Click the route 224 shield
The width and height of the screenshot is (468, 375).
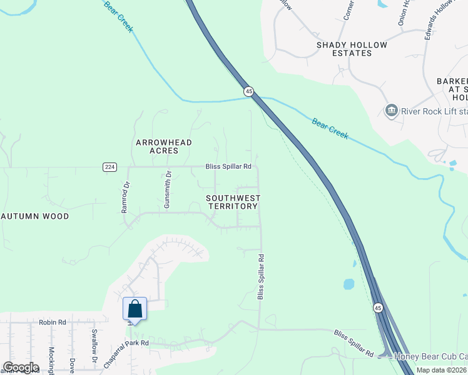point(109,167)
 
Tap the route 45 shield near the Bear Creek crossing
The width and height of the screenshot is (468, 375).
point(249,91)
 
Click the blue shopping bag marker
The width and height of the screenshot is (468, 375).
point(135,309)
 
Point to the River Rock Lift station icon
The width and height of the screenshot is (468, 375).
point(392,111)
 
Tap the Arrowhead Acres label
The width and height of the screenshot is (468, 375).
point(164,147)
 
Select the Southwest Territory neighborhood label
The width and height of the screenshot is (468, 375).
point(233,202)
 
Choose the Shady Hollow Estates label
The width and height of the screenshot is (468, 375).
point(352,49)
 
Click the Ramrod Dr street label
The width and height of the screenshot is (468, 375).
point(126,197)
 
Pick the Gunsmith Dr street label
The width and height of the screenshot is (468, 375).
point(167,191)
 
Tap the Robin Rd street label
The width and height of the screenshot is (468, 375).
point(53,322)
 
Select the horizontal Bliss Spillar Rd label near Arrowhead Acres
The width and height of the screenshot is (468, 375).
point(228,167)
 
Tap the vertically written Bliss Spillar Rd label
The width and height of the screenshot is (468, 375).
point(261,276)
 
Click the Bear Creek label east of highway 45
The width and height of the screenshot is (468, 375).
point(330,128)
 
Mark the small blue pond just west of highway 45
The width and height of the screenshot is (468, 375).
point(348,284)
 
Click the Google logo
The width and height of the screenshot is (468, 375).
point(20,367)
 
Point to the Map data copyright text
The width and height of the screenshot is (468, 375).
point(441,370)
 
